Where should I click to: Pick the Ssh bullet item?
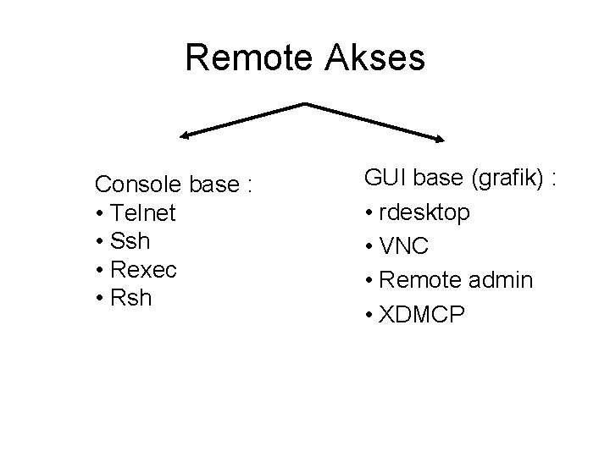(x=130, y=241)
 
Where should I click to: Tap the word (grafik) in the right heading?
(x=507, y=178)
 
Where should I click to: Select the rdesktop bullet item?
(x=425, y=212)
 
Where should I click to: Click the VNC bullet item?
(x=405, y=246)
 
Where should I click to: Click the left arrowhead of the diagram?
(x=182, y=134)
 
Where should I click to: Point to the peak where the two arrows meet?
(x=304, y=105)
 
